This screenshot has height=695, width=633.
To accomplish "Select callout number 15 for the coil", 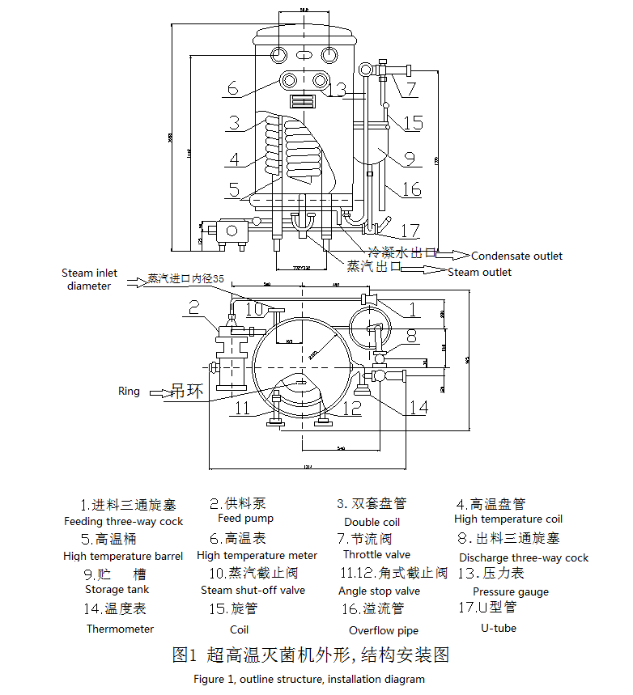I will tap(413, 123).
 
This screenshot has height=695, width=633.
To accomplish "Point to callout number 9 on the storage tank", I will tap(409, 159).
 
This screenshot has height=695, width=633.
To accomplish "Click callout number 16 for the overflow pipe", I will tap(412, 189).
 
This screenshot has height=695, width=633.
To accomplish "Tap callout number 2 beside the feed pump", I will tap(193, 307).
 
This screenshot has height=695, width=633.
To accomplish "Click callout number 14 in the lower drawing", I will tap(417, 406).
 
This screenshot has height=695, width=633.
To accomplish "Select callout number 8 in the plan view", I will tap(411, 334).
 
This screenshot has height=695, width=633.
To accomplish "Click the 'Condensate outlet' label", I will tap(516, 256).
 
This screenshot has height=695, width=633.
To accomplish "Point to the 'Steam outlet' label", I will tap(479, 273).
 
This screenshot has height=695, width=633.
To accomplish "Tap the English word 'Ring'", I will tap(129, 392).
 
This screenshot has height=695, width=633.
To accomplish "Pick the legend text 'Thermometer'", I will tap(120, 629).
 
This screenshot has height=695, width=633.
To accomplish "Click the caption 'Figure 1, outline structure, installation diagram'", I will tap(308, 680).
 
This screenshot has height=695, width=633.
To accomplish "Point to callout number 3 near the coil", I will tap(233, 123).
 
